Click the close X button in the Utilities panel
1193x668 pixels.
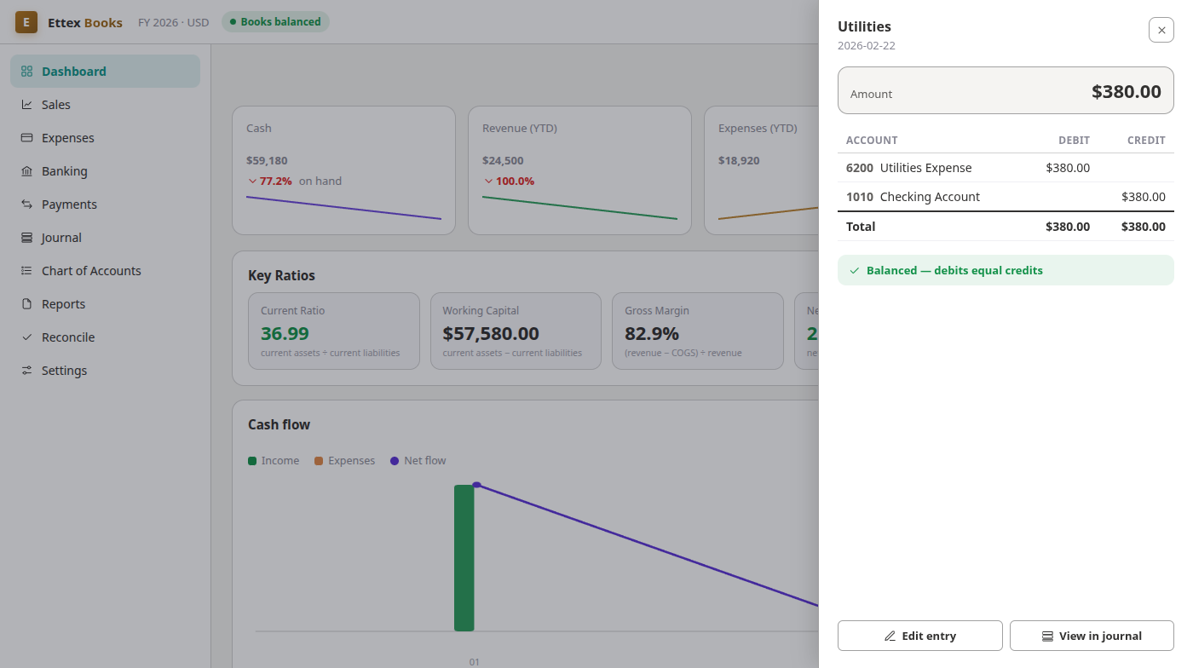[x=1161, y=31]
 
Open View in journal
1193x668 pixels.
[x=1092, y=636]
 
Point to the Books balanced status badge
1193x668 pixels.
[x=275, y=22]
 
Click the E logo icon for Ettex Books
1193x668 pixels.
[x=26, y=22]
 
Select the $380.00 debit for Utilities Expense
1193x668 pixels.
[x=1067, y=168]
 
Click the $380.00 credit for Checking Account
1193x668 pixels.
[x=1143, y=197]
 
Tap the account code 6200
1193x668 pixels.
[x=859, y=168]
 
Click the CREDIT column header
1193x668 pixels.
[x=1146, y=140]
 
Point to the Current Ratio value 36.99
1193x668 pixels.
[x=285, y=333]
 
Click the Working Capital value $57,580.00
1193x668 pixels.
[x=491, y=333]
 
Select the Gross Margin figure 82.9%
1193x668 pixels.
[x=651, y=333]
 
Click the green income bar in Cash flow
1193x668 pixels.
[x=464, y=558]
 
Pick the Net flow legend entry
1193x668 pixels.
[x=418, y=461]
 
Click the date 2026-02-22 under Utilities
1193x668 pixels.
[x=866, y=46]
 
